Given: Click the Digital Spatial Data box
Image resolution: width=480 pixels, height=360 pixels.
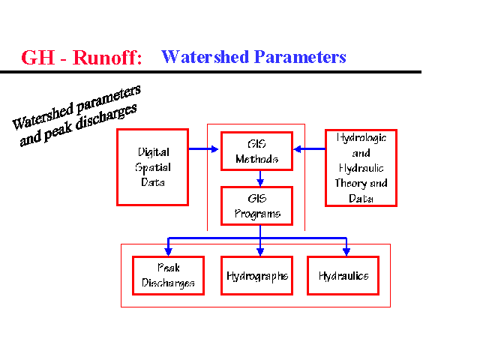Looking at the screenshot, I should (x=152, y=166).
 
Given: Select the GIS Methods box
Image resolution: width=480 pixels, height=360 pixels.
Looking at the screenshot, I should (x=256, y=151).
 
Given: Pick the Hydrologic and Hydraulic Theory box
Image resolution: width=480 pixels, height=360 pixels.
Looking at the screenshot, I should (x=361, y=167).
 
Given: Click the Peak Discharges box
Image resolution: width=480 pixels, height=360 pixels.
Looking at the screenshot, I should (x=168, y=275).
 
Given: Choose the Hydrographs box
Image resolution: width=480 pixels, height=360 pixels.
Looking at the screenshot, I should (x=256, y=275).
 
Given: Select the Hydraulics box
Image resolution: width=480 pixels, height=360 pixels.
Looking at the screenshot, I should (x=343, y=275).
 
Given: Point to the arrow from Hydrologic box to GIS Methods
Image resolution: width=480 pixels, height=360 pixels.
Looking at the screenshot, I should (x=309, y=149).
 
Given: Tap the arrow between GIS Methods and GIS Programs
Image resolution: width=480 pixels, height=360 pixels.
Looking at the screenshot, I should (x=259, y=178).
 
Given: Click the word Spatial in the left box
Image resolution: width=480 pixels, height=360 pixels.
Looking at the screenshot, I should (x=152, y=166).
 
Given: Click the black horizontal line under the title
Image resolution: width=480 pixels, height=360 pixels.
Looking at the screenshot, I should (x=210, y=72).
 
